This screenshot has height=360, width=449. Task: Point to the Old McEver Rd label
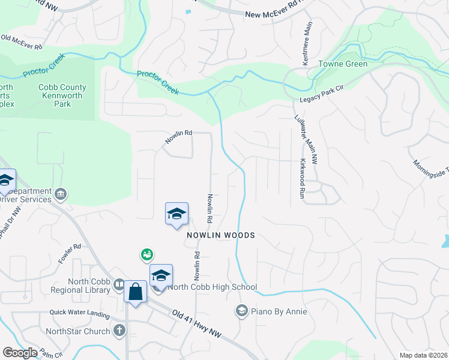point(22,42)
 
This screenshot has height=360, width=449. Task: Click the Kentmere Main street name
point(307,50)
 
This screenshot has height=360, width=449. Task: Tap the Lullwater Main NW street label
point(298,134)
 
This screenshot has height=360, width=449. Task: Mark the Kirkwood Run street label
point(302,179)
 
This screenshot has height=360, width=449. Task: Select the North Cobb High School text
point(213,287)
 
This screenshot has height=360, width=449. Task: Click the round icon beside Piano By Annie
point(241,311)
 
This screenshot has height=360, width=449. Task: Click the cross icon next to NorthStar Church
point(119,331)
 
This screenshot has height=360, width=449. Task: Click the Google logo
point(20,353)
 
